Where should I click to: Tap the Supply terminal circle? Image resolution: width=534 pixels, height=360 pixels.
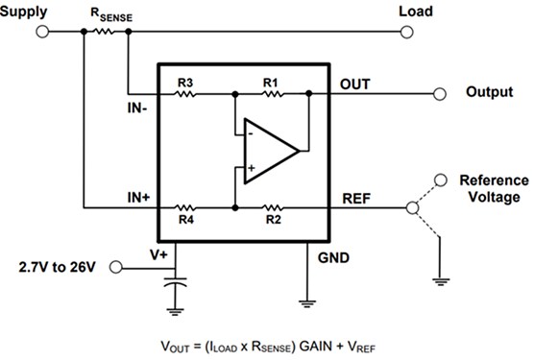[41, 31]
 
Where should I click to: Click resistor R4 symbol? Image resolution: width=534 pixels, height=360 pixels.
[185, 205]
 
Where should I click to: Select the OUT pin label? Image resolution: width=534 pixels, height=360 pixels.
[354, 84]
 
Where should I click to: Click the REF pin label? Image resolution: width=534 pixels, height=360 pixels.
[355, 197]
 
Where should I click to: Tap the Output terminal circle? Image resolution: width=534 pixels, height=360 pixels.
[439, 93]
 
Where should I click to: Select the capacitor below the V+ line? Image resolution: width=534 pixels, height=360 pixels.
[174, 286]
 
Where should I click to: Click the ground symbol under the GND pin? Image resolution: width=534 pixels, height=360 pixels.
[306, 301]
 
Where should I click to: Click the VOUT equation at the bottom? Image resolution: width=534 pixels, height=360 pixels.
[266, 343]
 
